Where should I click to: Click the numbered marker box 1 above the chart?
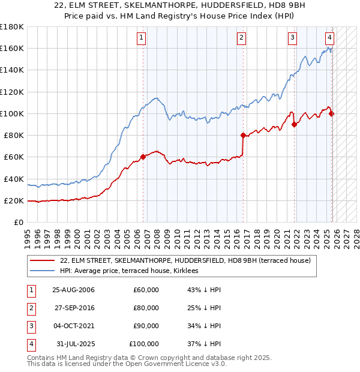141,38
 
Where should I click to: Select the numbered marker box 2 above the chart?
241,38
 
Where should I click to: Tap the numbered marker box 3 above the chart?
292,38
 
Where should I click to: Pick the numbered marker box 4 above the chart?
330,38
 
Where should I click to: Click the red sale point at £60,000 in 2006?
143,157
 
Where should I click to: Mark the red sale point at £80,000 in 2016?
243,135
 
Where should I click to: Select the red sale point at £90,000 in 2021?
294,125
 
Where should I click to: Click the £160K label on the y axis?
13,48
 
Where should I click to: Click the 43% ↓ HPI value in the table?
205,290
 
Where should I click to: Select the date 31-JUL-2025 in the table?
75,344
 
